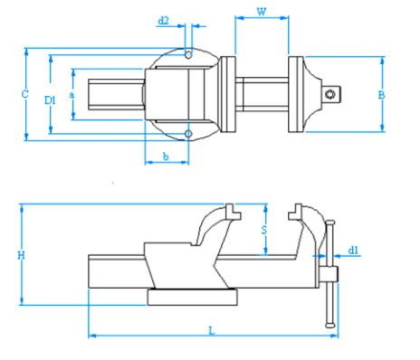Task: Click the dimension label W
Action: coord(262,12)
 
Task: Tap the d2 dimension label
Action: coord(164,21)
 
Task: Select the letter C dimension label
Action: coord(25,94)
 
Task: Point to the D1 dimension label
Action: coord(50,100)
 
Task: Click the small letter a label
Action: coord(72,95)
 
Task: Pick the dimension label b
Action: coord(166,156)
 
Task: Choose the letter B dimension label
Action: coord(381,95)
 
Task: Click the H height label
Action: coord(21,255)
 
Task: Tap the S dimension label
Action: coord(264,230)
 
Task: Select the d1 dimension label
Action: coord(353,250)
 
